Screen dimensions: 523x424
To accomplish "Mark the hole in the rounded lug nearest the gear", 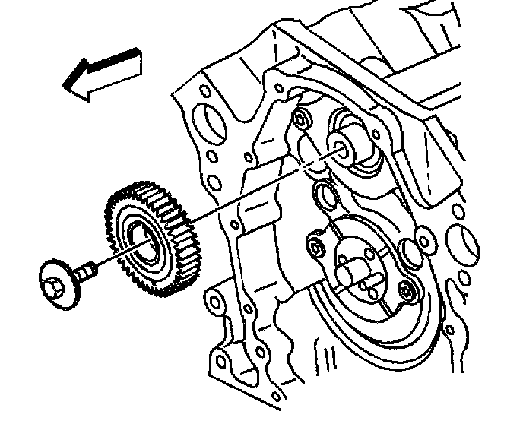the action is (x=218, y=302).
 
